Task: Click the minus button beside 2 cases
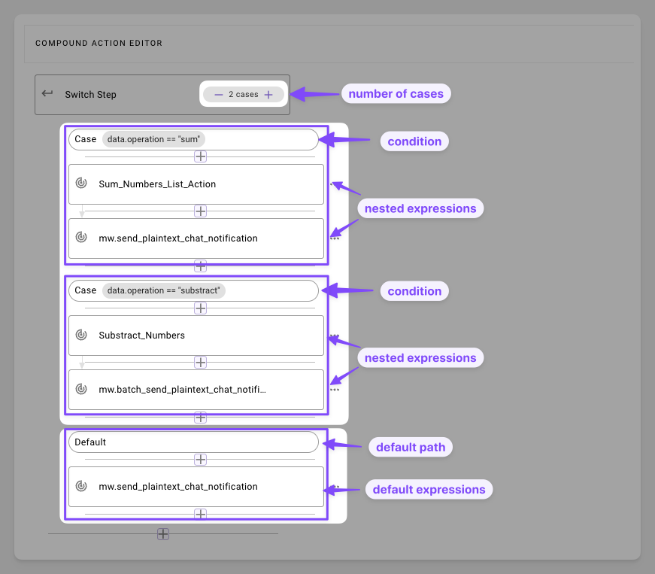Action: (219, 95)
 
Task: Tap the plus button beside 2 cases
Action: (268, 95)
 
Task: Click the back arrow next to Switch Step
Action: (47, 93)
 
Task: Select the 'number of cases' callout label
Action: (396, 93)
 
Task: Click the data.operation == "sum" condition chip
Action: (153, 139)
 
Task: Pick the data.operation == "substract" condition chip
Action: (164, 290)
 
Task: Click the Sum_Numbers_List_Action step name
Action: (157, 184)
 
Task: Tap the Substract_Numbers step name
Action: (141, 336)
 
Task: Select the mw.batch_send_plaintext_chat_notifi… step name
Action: (182, 390)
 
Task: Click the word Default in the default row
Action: (90, 442)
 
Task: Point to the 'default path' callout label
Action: (411, 447)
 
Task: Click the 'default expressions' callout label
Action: (429, 489)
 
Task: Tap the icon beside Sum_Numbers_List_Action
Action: (81, 183)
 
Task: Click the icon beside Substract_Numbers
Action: (81, 335)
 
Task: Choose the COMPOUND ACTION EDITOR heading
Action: (99, 43)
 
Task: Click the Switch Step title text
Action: (91, 95)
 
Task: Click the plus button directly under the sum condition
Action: (201, 156)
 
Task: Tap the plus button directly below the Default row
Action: (201, 460)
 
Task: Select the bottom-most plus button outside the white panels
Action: (163, 534)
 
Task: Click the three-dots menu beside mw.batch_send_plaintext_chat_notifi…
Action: (335, 390)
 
